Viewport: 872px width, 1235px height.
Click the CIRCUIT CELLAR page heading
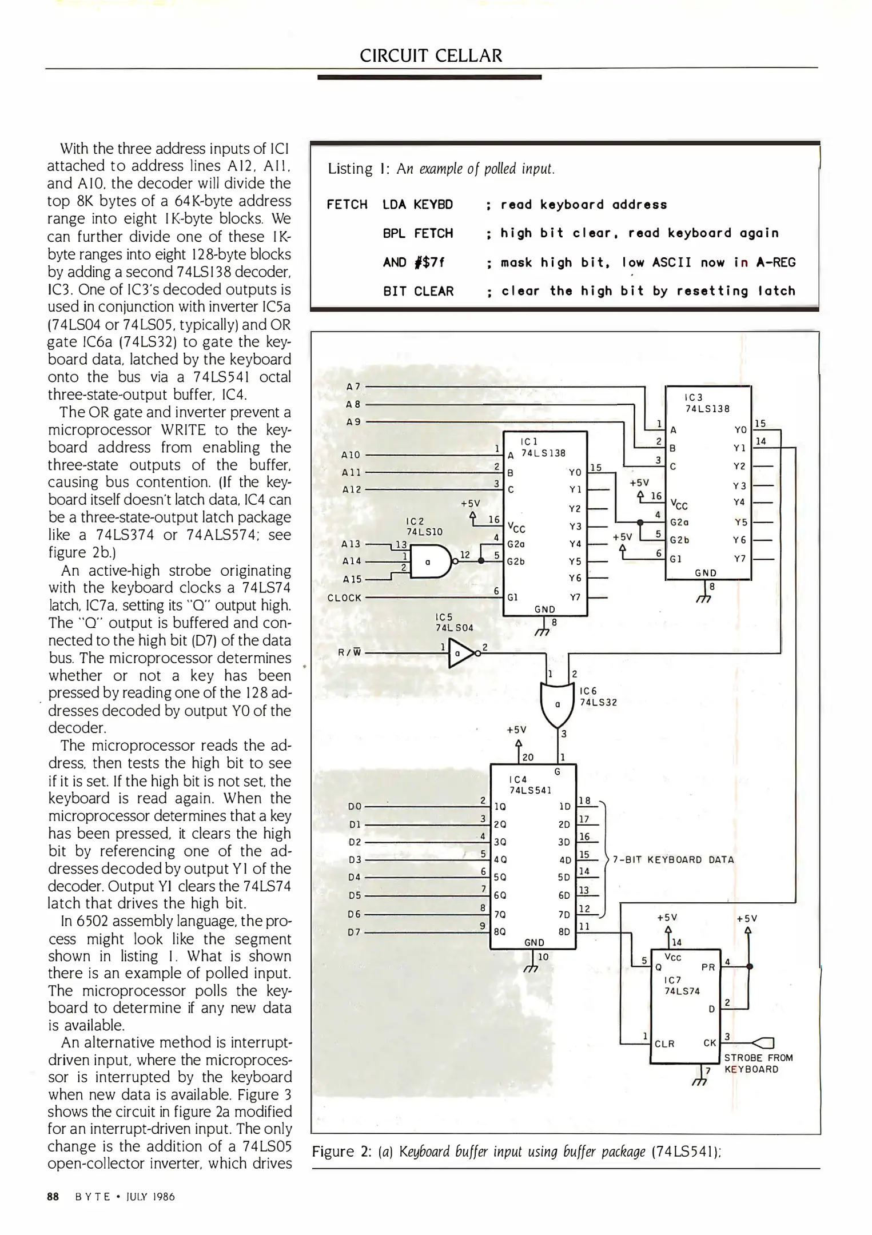[x=431, y=55]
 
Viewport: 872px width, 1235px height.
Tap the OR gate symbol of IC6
[x=556, y=704]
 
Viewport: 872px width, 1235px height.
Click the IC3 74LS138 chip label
[x=707, y=403]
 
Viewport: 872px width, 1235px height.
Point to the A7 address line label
[x=353, y=387]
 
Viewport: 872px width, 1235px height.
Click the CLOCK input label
[x=344, y=598]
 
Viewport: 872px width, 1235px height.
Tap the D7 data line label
[x=354, y=933]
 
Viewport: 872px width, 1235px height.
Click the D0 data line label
[x=354, y=806]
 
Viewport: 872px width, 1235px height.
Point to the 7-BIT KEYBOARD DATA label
[x=673, y=859]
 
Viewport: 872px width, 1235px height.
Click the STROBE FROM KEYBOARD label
[x=758, y=1063]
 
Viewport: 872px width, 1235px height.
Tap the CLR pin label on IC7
[x=664, y=1043]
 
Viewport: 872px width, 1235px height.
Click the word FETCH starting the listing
[x=347, y=205]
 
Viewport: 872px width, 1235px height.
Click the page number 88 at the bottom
[x=53, y=1197]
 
